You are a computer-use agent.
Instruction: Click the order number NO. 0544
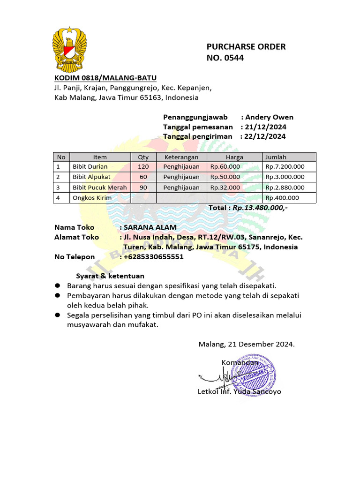[225, 58]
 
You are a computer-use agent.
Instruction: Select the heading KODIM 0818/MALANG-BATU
[105, 78]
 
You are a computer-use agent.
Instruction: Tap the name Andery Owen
[270, 117]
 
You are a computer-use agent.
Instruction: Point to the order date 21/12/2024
[266, 127]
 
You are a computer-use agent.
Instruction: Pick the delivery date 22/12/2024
[265, 136]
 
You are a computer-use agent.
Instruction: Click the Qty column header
[143, 157]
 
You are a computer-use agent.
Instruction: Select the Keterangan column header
[181, 157]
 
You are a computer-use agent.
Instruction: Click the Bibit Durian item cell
[90, 166]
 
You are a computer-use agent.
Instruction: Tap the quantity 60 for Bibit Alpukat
[143, 177]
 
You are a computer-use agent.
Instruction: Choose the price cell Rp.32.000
[225, 187]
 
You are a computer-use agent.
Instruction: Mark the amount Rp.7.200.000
[285, 166]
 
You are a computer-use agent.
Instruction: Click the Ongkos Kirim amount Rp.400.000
[282, 198]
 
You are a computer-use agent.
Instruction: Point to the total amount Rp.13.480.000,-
[260, 208]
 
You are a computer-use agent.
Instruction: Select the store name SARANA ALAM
[150, 227]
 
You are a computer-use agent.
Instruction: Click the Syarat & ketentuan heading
[110, 276]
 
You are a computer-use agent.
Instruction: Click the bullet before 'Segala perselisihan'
[58, 315]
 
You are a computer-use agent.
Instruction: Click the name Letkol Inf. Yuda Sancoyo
[240, 391]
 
